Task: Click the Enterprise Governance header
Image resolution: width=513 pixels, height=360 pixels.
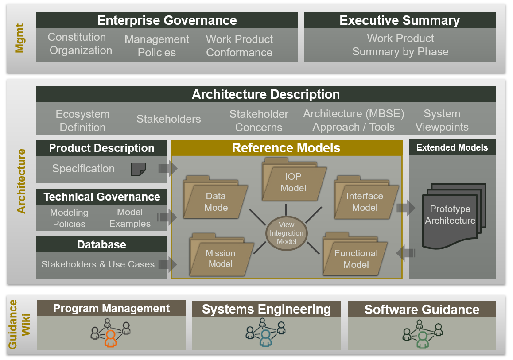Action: tap(167, 20)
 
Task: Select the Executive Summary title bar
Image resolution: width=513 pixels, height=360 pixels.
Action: tap(399, 20)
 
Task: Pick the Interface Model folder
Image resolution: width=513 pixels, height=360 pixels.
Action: tap(365, 201)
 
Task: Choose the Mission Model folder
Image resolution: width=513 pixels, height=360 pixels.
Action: tap(220, 258)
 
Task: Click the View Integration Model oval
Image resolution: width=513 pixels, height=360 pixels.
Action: tap(286, 233)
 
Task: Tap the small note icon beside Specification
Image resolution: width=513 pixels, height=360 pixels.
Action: tap(139, 169)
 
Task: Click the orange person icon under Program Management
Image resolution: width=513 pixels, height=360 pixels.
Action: tap(110, 339)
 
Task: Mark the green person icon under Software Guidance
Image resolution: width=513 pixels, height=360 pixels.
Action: tap(422, 339)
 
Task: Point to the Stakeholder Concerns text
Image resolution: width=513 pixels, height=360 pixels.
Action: tap(259, 120)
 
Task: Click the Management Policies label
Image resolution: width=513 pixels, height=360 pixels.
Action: tap(157, 46)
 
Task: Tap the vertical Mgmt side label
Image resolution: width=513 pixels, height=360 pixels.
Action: tap(19, 38)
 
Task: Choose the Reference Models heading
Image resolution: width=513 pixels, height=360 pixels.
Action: tap(286, 148)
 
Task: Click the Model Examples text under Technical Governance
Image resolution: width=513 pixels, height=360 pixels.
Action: tap(130, 218)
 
